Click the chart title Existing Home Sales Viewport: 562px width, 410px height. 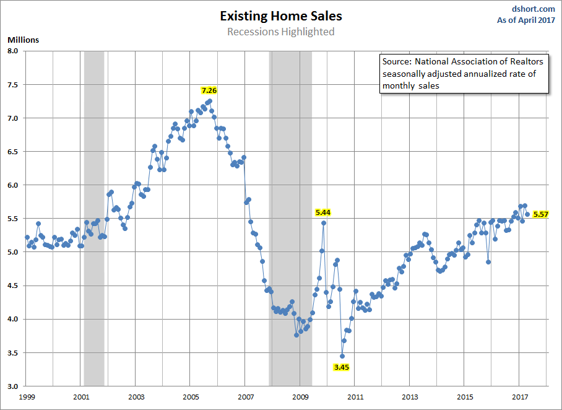tap(280, 16)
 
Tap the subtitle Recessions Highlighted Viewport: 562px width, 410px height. tap(280, 32)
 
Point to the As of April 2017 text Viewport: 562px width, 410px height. tap(526, 20)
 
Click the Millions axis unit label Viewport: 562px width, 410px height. tap(23, 40)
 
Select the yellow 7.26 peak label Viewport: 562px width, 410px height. tap(209, 90)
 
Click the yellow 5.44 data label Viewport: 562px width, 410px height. tap(323, 212)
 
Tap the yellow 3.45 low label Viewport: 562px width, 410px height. tap(342, 367)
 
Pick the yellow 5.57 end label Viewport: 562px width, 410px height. tap(540, 214)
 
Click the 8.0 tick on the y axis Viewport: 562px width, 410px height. tap(13, 51)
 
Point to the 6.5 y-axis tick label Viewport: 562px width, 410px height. tap(13, 152)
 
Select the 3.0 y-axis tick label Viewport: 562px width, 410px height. tap(13, 386)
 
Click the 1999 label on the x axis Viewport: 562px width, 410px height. tap(26, 397)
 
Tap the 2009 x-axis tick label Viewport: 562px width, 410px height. tap(300, 397)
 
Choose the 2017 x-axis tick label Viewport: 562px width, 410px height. tap(518, 397)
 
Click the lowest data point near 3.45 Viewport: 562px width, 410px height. tap(342, 356)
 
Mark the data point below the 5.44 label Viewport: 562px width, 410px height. tap(323, 223)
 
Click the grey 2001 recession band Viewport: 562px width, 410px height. tap(94, 217)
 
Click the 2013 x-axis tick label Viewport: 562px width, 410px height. tap(409, 397)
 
